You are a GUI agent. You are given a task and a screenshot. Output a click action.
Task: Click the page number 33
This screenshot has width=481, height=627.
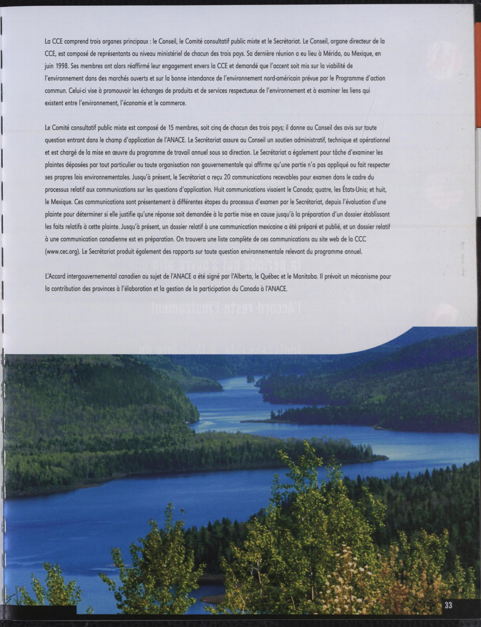[x=448, y=605]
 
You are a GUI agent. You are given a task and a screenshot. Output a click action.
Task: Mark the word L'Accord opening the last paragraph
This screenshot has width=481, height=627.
[x=55, y=277]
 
